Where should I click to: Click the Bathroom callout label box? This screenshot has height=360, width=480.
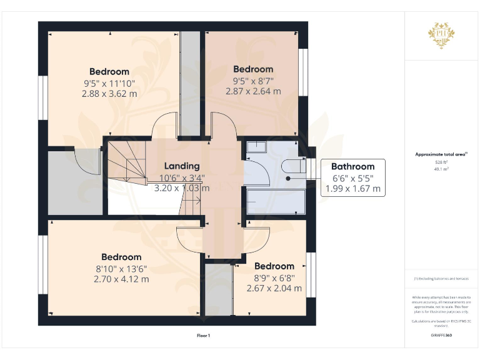point(352,177)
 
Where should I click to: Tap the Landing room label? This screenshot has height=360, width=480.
point(182,166)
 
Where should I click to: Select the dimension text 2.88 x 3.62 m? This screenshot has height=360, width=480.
point(109,94)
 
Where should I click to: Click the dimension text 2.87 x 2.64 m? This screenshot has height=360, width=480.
point(253,91)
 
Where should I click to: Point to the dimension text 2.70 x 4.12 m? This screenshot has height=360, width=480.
point(121,279)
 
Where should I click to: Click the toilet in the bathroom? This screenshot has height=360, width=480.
point(293,166)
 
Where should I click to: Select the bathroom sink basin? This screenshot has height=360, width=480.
point(256,147)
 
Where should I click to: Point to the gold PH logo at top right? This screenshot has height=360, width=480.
point(441,33)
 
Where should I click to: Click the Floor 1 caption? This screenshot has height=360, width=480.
point(203,336)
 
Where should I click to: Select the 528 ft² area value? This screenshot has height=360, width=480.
point(441,162)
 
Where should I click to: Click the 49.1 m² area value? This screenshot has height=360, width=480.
point(441,169)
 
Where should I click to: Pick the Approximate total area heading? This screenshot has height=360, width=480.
point(441,154)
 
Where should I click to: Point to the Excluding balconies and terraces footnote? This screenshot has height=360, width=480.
point(441,279)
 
